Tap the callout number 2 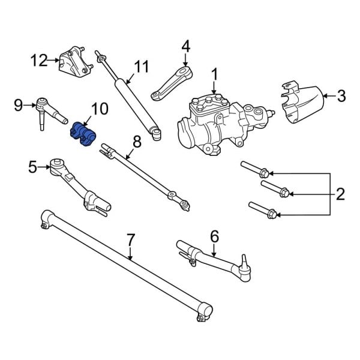coord(340,194)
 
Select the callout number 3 coord(341,95)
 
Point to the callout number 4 coord(185,46)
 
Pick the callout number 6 coord(214,236)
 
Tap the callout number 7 coord(131,241)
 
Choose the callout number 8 coord(137,142)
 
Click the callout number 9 coord(18,106)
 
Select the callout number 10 coord(100,109)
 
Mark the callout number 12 coord(39,60)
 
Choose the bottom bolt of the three coord(262,211)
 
